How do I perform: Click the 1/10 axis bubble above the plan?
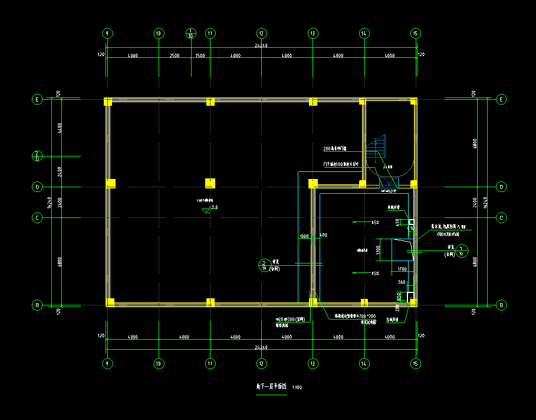191,33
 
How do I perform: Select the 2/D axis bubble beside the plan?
37,156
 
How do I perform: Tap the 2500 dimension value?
174,56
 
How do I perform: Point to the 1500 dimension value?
200,56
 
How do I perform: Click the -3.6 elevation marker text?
214,207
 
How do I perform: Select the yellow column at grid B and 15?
415,302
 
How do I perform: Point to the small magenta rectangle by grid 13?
311,293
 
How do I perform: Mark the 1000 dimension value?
304,236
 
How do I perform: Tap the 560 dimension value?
402,282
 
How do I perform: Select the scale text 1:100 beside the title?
297,388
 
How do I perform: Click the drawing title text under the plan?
271,388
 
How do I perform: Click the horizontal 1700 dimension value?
402,269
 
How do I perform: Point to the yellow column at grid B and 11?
209,302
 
